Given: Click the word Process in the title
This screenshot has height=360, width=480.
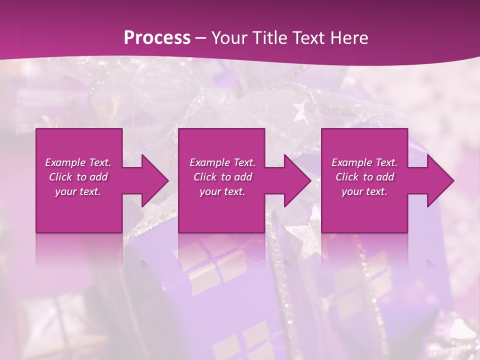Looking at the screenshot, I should (157, 38).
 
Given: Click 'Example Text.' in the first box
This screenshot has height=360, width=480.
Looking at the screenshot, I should (78, 162).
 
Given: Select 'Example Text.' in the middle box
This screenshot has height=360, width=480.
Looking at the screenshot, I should (222, 162).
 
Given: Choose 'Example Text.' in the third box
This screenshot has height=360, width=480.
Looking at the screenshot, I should (364, 162).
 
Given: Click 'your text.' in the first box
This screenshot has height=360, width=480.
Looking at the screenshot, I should (78, 191).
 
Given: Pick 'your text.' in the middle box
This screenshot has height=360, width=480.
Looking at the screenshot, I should (222, 191).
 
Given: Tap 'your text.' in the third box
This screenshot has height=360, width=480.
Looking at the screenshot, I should (364, 191).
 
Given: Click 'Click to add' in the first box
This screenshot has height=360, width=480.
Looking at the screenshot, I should (78, 177).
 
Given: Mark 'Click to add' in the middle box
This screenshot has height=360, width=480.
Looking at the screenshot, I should (222, 177).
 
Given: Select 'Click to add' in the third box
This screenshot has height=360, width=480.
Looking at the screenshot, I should (364, 177).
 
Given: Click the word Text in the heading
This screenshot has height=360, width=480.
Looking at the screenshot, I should (306, 38).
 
